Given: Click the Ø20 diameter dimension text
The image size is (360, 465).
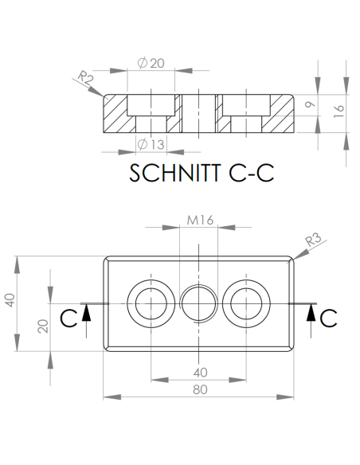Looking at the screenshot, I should coord(151,64).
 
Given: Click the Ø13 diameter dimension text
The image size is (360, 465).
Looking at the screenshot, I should coord(151,144).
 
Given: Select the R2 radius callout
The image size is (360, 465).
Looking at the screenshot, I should coord(86,77).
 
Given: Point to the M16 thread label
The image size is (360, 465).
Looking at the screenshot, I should coord(198,220).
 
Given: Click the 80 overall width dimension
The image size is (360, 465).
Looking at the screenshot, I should coord(199,390).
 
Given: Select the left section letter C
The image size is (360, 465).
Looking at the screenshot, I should coord(69,318).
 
